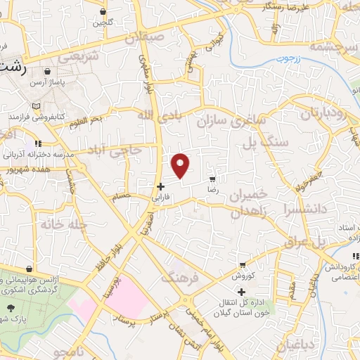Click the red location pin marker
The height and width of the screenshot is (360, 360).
pyautogui.click(x=181, y=165)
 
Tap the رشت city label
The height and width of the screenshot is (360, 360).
pyautogui.click(x=15, y=69)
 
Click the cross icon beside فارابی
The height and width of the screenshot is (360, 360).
pyautogui.click(x=161, y=186)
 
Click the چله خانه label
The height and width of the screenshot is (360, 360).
pyautogui.click(x=58, y=225)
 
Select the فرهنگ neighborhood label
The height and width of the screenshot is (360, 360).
pyautogui.click(x=181, y=278)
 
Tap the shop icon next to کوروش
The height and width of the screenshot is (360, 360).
pyautogui.click(x=243, y=265)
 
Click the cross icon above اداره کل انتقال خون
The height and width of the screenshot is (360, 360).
pyautogui.click(x=241, y=291)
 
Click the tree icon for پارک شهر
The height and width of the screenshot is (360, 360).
pyautogui.click(x=10, y=307)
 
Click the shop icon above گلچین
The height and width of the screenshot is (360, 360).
pyautogui.click(x=103, y=11)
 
